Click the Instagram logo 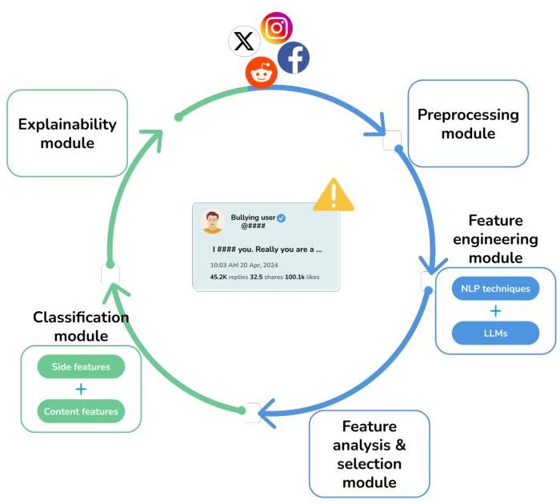coord(277,28)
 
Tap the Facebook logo coord(293,58)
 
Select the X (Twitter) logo coord(243,41)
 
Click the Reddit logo coord(261,73)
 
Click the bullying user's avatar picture coord(212,221)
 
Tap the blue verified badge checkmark coord(281,218)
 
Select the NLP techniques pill coord(495,288)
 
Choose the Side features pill coord(81,366)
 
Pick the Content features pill coord(81,411)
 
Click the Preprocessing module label coord(468,124)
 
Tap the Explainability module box coord(67,133)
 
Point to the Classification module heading coord(81,326)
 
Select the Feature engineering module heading coord(495,238)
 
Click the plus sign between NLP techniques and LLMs coord(495,310)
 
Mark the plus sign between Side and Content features coord(81,389)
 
